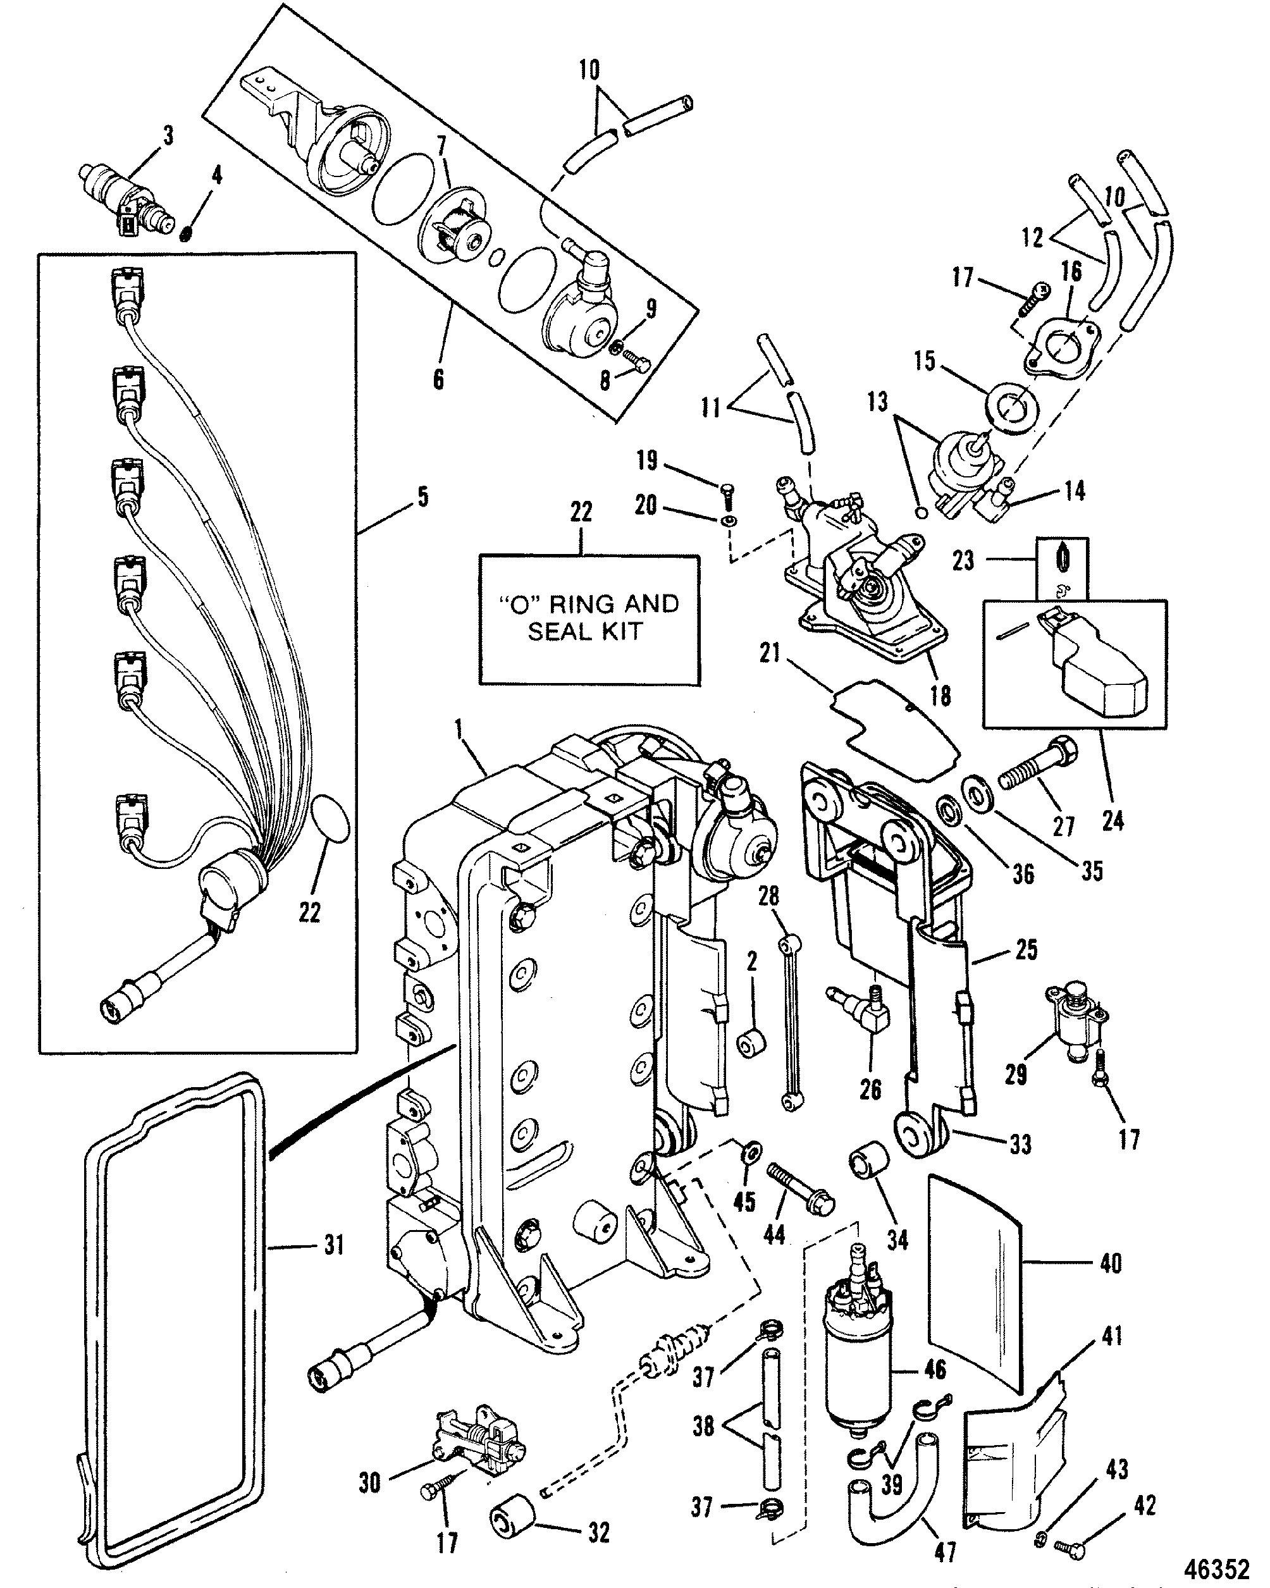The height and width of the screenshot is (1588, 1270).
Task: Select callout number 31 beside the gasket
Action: [335, 1245]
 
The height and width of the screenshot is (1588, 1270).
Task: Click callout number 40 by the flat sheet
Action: [1110, 1264]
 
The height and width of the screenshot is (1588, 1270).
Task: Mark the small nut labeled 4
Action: [187, 233]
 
